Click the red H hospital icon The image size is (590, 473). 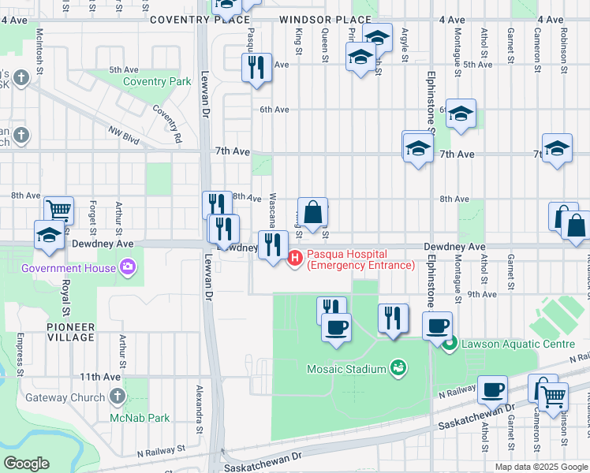(296, 257)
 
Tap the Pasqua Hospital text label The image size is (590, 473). (360, 259)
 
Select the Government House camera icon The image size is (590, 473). (125, 268)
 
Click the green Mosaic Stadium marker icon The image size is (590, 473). (399, 368)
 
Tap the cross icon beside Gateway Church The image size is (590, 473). (117, 397)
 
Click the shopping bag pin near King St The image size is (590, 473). (312, 212)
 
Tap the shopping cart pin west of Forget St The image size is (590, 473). (58, 210)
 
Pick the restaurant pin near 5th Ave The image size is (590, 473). (256, 68)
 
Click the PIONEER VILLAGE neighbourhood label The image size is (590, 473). (70, 332)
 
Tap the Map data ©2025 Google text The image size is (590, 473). (540, 467)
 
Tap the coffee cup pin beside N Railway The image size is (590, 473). (492, 389)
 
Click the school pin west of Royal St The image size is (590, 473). (49, 236)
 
